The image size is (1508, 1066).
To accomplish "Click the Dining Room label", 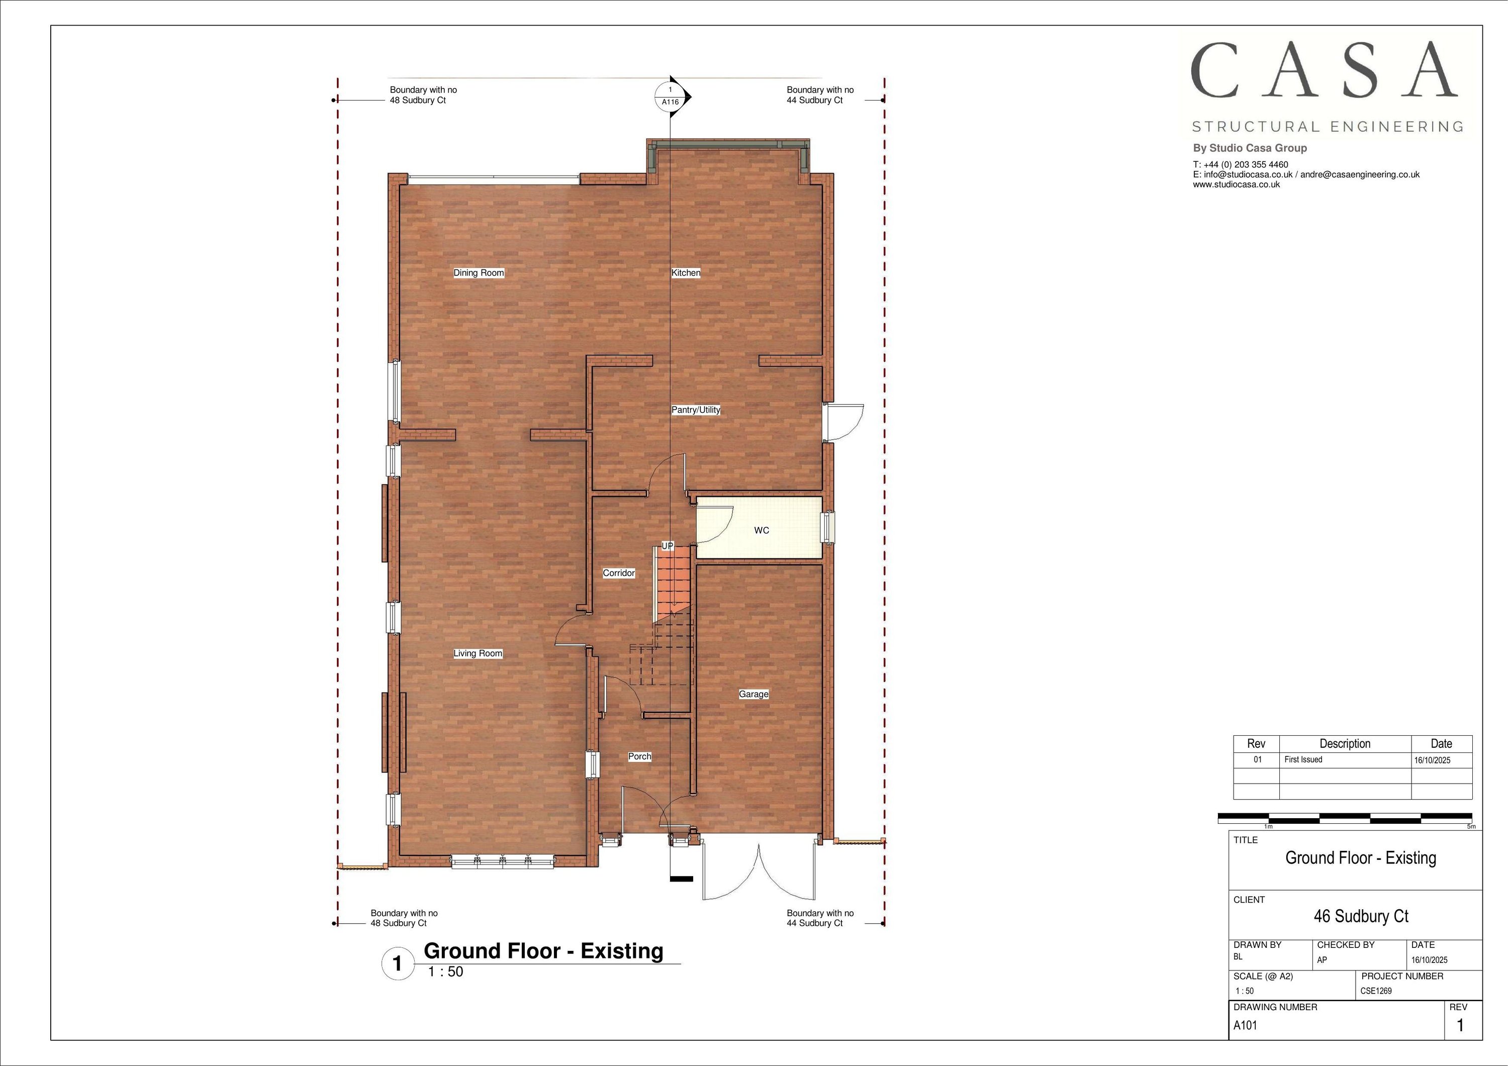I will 479,272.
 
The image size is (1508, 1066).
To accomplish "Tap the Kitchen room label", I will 686,272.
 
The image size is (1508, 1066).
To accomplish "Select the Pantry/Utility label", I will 696,410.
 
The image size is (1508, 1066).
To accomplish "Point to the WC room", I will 761,530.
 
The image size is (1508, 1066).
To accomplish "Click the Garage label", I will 753,694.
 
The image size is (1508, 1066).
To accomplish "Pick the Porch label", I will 639,756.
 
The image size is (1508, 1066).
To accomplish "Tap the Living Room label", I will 478,653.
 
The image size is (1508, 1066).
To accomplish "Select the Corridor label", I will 619,573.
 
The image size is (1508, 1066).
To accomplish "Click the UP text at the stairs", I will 668,546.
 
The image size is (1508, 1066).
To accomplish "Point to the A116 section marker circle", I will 670,96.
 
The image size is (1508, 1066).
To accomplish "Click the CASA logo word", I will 1324,70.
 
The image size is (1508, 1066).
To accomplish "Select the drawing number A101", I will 1245,1025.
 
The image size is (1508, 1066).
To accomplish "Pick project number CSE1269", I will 1376,991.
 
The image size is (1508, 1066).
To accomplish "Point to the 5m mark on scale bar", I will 1471,827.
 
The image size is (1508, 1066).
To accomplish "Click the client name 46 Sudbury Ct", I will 1361,916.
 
